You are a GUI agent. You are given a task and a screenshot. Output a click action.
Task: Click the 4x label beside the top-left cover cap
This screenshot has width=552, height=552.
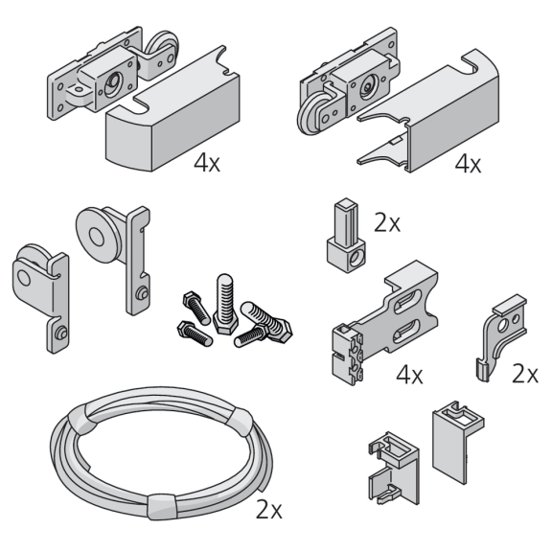click(207, 163)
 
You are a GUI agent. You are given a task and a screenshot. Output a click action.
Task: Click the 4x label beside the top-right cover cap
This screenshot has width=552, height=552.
click(468, 164)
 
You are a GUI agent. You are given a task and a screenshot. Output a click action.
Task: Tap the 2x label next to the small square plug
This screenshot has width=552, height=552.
click(387, 223)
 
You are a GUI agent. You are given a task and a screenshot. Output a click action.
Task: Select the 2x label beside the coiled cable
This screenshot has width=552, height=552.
click(269, 510)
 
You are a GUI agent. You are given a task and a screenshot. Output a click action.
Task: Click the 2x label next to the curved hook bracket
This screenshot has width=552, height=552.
click(525, 374)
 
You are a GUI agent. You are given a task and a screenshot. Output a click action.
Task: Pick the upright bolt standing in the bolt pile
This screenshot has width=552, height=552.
click(224, 304)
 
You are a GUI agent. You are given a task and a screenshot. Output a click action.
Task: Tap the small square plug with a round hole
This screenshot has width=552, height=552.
click(346, 235)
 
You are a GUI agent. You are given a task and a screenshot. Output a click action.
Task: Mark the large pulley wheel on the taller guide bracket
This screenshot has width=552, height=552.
click(98, 235)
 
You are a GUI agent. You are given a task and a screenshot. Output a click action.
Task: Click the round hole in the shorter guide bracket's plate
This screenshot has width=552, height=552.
click(24, 277)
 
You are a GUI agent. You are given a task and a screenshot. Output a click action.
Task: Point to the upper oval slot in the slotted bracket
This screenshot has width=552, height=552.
click(408, 300)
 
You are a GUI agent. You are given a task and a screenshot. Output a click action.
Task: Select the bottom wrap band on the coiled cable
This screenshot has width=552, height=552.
click(162, 507)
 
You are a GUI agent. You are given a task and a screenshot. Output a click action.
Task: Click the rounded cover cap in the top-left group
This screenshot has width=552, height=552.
click(172, 116)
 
